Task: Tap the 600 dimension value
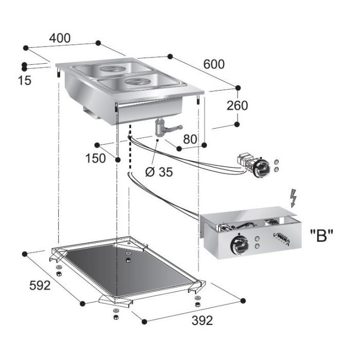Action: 214,64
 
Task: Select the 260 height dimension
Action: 237,105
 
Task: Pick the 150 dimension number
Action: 96,157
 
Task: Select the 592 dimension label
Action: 40,285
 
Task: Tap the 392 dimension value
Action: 202,320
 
